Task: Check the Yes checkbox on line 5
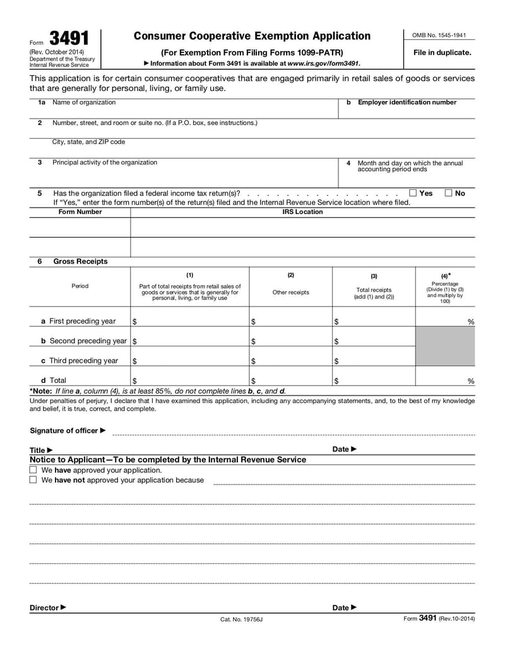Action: (413, 193)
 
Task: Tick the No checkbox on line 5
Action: (448, 193)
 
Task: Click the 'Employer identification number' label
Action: (407, 102)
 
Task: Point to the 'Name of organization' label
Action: (84, 102)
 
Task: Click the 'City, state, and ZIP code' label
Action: (88, 142)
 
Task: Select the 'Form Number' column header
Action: (80, 212)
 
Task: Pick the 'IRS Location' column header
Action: (302, 212)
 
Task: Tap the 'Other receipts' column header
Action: (290, 292)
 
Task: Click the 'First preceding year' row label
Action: (78, 321)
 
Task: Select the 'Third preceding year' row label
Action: (79, 361)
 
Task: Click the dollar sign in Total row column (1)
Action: (135, 381)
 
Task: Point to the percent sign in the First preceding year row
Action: (470, 322)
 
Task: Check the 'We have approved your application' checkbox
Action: (33, 470)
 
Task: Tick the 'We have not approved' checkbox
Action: (33, 480)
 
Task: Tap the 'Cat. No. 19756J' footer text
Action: (241, 620)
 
